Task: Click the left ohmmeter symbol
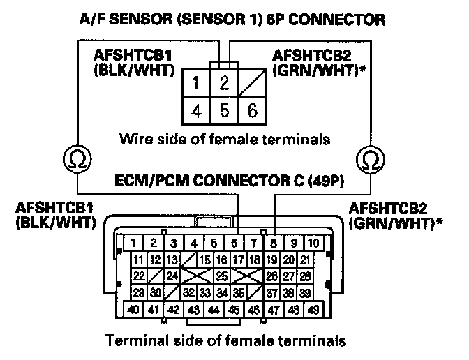[75, 160]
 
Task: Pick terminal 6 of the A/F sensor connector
[252, 110]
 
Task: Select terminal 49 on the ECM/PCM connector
[315, 309]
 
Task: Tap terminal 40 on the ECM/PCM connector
[133, 309]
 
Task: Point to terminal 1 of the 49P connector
[131, 243]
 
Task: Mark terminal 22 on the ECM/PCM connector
[139, 276]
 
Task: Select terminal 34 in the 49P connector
[223, 292]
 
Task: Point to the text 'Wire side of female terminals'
[224, 138]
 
